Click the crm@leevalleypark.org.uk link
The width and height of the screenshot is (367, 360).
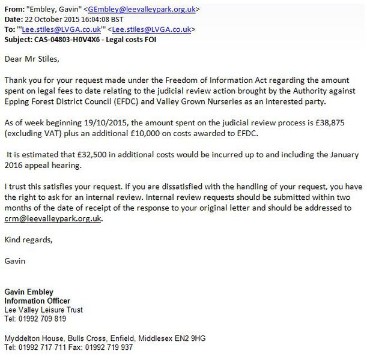tap(53, 219)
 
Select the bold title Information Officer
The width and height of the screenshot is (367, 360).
tap(37, 301)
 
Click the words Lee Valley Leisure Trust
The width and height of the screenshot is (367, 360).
tap(43, 310)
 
